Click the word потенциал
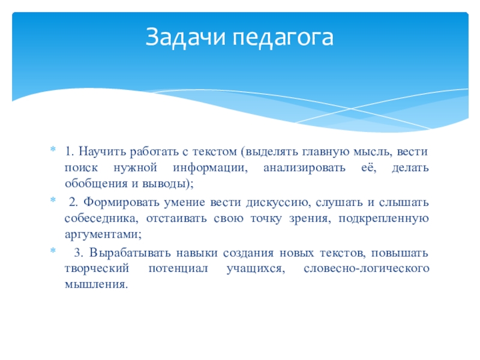pyautogui.click(x=178, y=268)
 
